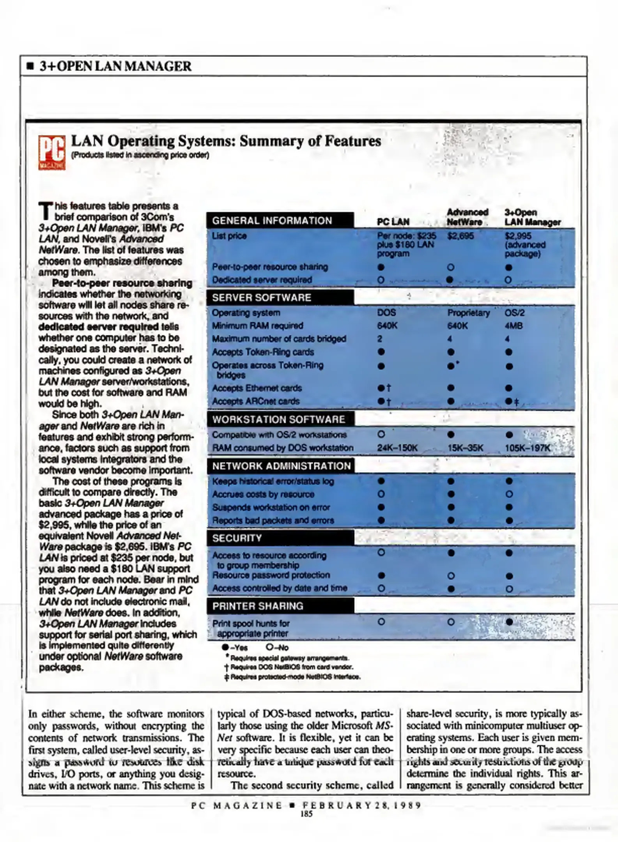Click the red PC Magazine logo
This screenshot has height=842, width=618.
(x=51, y=152)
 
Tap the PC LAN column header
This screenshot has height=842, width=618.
(x=393, y=222)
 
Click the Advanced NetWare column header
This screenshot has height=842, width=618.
(x=467, y=217)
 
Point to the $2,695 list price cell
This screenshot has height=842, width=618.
(x=460, y=236)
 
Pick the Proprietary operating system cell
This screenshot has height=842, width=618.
(x=468, y=313)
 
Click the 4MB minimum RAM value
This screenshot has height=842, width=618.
(x=514, y=326)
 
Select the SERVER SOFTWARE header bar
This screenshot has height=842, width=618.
(x=280, y=297)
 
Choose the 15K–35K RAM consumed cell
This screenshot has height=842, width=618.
(x=465, y=448)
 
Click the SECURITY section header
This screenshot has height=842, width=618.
(x=280, y=538)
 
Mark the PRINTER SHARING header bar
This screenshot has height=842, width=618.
(x=280, y=606)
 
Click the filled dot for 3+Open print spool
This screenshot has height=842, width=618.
(x=509, y=622)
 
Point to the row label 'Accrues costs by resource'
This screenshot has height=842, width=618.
(x=263, y=494)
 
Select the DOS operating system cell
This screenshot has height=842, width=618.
(x=386, y=313)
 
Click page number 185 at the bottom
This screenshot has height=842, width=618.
(x=306, y=814)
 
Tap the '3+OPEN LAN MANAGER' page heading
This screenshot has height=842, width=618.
(x=115, y=66)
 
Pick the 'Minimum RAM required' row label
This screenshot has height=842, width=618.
(x=257, y=326)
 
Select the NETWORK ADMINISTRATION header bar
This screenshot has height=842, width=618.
(x=281, y=466)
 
